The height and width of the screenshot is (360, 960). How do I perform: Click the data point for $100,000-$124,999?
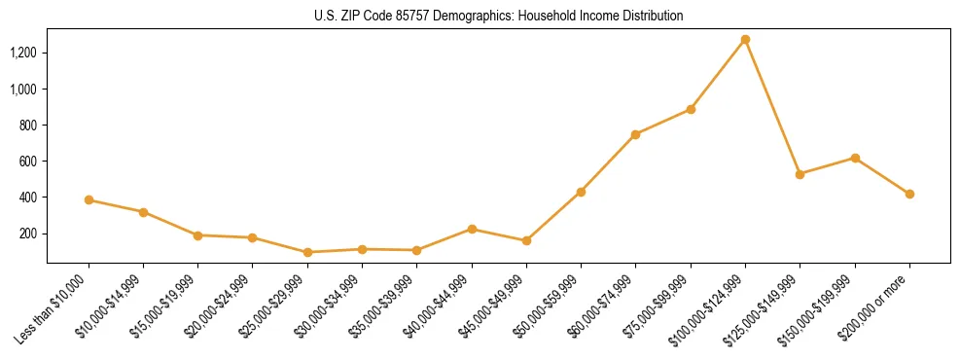[745, 40]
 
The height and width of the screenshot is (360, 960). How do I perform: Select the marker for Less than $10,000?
[89, 200]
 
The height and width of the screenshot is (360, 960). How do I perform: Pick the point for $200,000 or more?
[909, 194]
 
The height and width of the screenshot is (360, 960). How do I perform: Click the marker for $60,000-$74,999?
[635, 134]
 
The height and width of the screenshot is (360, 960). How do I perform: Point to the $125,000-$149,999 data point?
[800, 174]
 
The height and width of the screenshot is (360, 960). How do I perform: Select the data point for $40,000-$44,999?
[472, 229]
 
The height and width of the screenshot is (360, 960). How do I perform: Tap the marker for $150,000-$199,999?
[855, 158]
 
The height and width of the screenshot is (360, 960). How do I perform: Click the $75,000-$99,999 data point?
[691, 109]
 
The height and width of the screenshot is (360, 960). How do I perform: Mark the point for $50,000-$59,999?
[581, 192]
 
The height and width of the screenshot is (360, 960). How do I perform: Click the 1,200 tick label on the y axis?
[23, 53]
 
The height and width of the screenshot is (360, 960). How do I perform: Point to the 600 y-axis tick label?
[28, 162]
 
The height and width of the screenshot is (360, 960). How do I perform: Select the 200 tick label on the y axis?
[28, 234]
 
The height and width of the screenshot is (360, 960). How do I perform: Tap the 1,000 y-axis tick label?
[23, 89]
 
